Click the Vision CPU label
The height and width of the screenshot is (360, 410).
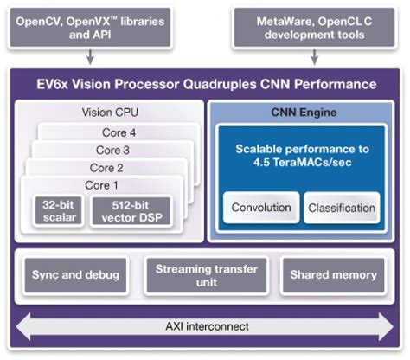pos(110,112)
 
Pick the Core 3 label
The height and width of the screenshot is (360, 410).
pos(112,150)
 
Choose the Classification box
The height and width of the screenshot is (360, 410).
pos(342,208)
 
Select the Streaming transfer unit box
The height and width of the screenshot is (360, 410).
pos(205,275)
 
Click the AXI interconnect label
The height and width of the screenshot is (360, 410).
pos(205,326)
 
